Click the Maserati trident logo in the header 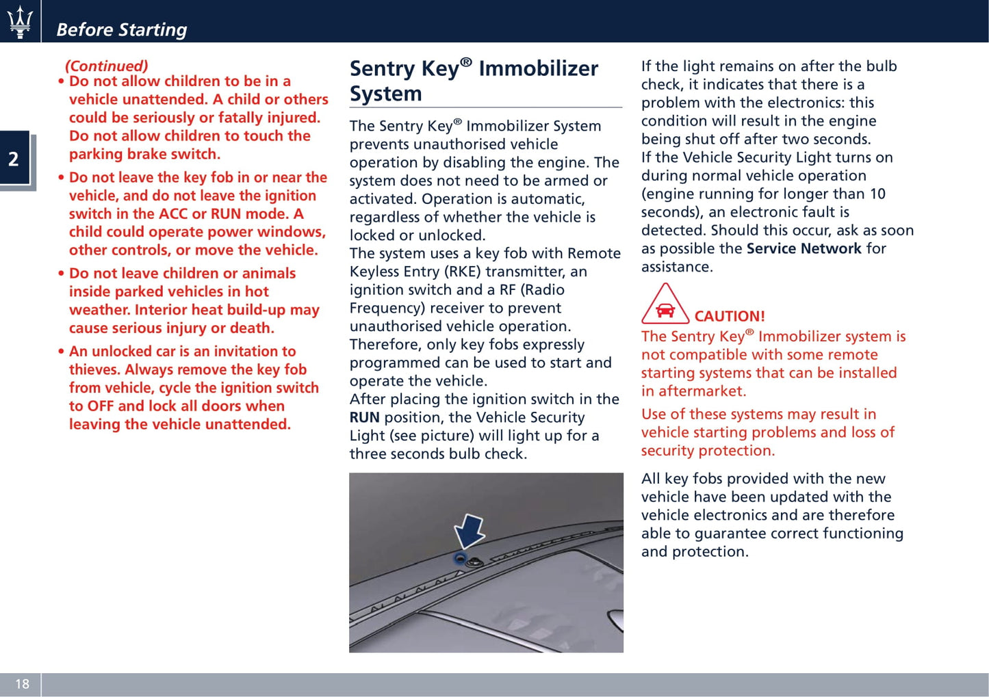point(20,22)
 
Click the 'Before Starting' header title point(121,29)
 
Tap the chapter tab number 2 point(14,159)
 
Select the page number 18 point(22,684)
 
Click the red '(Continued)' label point(106,66)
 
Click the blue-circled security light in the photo point(461,559)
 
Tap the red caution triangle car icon point(665,305)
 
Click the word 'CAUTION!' point(730,316)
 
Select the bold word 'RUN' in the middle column point(364,417)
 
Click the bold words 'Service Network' point(804,248)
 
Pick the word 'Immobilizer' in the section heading point(538,68)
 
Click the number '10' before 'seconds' point(877,194)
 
